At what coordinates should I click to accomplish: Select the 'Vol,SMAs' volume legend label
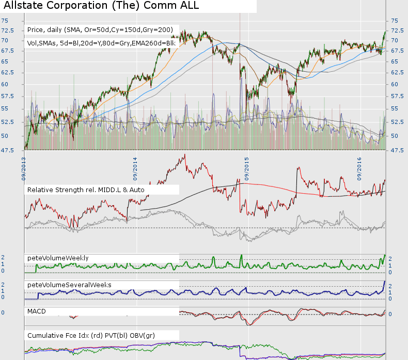[102, 43]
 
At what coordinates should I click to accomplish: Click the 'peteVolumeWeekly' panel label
[58, 258]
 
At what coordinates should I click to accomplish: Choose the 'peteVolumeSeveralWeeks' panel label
[69, 285]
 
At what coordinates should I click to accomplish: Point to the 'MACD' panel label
[37, 311]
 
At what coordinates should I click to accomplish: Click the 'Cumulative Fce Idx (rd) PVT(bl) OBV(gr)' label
[90, 336]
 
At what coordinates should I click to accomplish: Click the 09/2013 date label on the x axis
[24, 165]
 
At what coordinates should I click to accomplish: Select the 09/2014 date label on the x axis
[135, 165]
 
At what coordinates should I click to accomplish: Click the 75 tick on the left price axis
[4, 21]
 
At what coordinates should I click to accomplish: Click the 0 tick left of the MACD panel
[3, 312]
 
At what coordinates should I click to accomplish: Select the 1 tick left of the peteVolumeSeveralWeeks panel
[3, 291]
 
